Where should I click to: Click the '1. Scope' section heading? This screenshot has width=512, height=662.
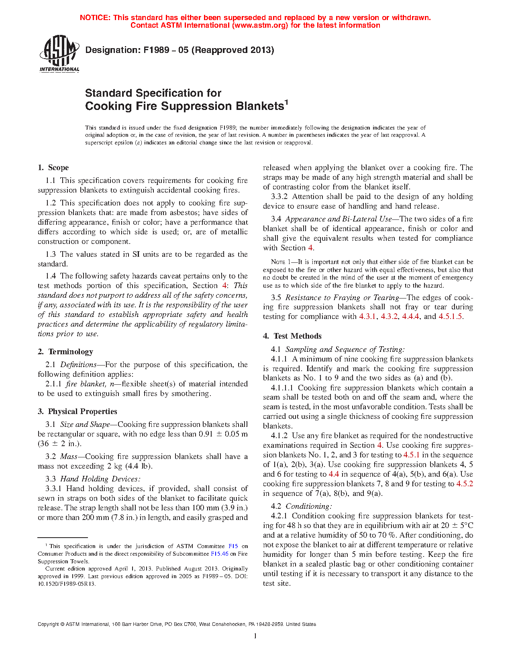(x=53, y=168)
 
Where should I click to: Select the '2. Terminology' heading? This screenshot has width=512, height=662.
(x=65, y=352)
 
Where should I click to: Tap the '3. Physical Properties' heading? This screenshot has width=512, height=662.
(x=78, y=412)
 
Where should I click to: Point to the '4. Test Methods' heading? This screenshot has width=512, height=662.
(x=292, y=336)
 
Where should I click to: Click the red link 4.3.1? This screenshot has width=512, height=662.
(x=367, y=317)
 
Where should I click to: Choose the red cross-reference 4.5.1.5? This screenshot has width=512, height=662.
(x=451, y=317)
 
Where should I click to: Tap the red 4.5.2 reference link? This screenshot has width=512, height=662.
(x=465, y=484)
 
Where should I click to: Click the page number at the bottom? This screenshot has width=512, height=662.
(x=255, y=636)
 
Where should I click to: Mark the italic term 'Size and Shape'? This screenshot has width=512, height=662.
(x=85, y=424)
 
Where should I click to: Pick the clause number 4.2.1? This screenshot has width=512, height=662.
(x=279, y=516)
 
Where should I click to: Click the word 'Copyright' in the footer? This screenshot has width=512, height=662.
(x=48, y=624)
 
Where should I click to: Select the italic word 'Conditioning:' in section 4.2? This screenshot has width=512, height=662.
(x=309, y=506)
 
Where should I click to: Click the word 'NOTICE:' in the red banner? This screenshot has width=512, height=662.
(x=95, y=18)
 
